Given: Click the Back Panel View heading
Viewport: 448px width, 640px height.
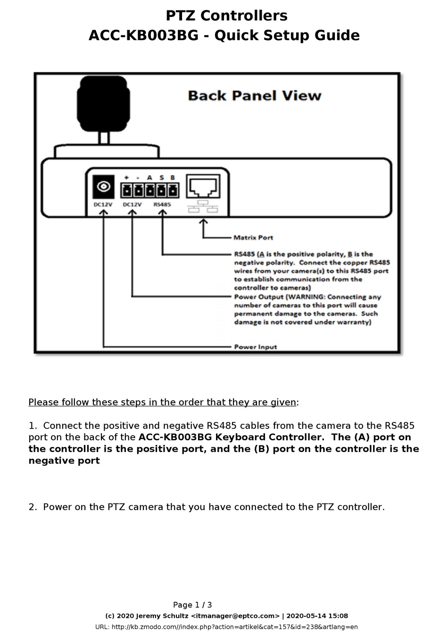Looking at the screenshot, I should [x=254, y=96].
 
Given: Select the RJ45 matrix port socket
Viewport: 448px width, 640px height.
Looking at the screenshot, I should [x=203, y=187].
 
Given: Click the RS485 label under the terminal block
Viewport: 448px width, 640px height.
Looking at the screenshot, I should [x=162, y=204].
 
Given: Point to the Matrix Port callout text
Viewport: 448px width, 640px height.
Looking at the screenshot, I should [x=253, y=237].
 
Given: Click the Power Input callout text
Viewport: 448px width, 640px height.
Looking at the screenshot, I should [x=256, y=347].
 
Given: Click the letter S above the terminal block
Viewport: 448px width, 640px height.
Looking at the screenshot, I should [x=161, y=178].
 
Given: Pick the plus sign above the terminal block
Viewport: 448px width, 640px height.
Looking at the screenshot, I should [x=126, y=178].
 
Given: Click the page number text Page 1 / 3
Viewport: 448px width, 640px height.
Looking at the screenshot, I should [x=192, y=605].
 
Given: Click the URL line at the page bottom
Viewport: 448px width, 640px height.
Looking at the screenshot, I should [x=226, y=627].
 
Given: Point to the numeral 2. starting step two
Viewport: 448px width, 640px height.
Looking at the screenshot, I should [x=33, y=507].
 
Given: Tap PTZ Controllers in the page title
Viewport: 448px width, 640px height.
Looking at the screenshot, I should [x=226, y=16].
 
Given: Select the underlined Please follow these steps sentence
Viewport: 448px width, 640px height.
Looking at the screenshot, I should [x=162, y=402].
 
